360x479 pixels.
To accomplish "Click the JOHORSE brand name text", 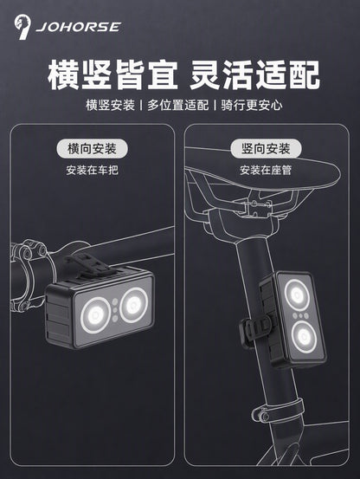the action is click(78, 27).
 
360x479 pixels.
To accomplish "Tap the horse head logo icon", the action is click(22, 27).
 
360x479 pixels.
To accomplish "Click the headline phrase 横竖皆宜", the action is click(112, 75).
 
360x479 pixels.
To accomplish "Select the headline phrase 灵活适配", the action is click(254, 75).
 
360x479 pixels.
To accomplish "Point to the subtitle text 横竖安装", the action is click(110, 105).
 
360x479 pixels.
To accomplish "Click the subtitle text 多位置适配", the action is click(178, 105).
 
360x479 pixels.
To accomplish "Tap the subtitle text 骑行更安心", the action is click(252, 105).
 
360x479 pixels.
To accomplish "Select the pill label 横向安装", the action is click(92, 149).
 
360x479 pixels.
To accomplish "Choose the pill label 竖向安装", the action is click(266, 149).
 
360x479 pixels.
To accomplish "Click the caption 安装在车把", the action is click(92, 170).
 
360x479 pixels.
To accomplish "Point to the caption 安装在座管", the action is click(266, 170).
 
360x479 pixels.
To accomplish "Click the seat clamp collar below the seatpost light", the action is click(279, 411).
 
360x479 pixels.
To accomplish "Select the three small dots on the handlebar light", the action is click(115, 310).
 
